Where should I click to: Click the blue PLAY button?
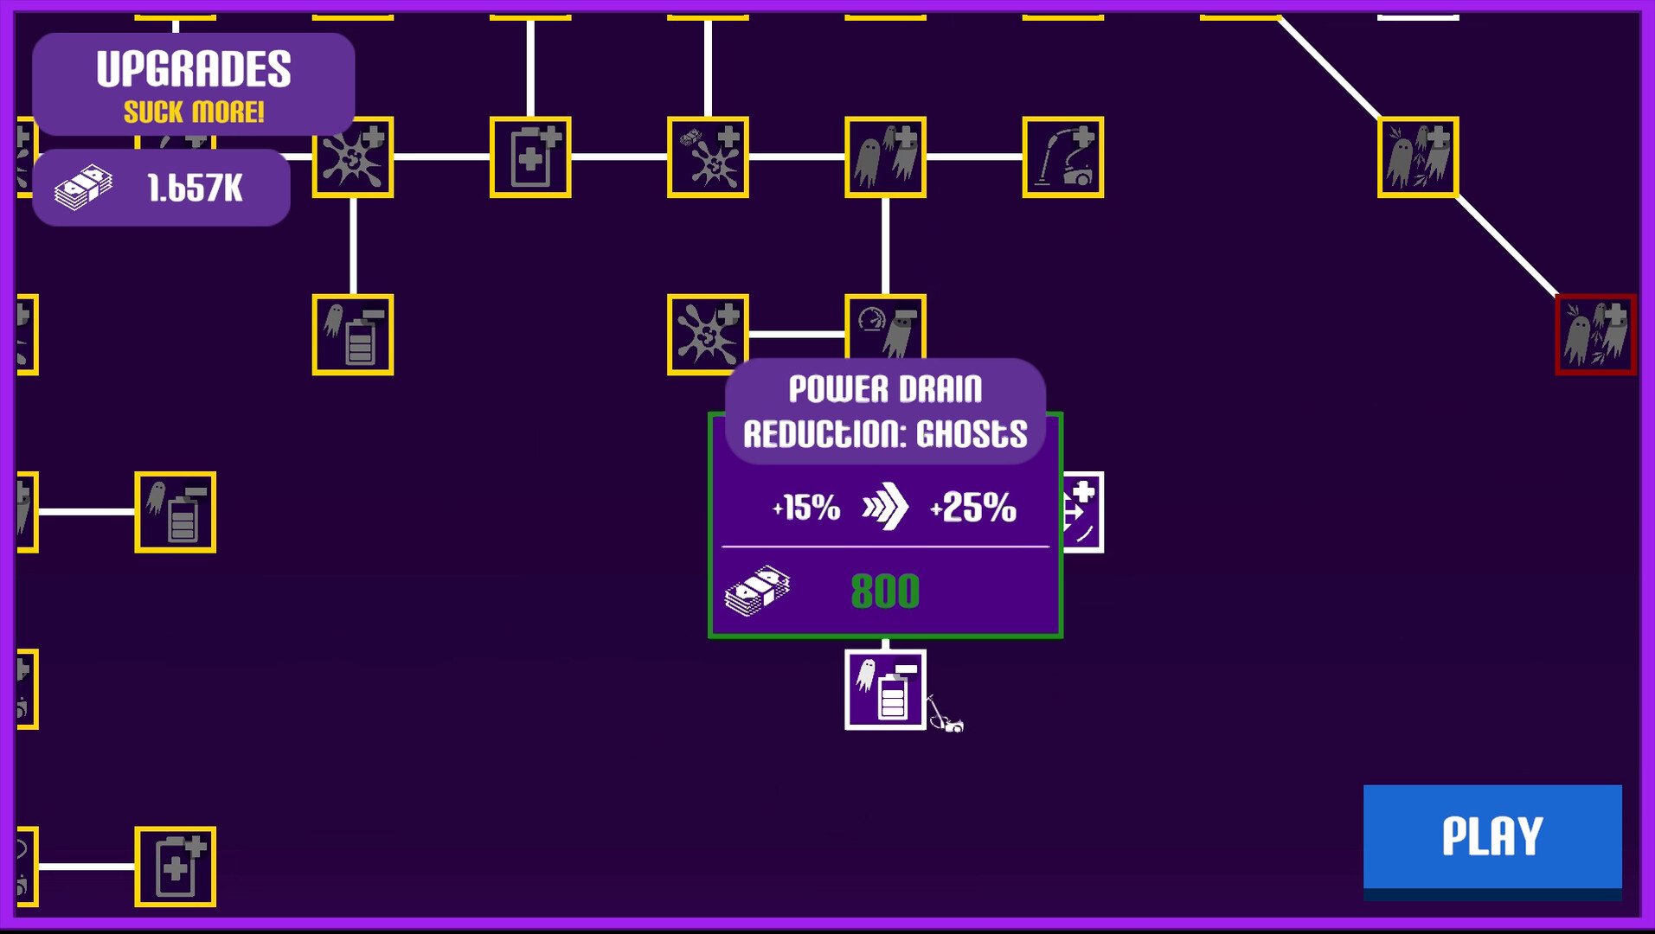[x=1491, y=836]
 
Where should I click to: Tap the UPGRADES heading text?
[x=194, y=69]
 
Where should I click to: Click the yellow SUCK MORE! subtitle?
[x=194, y=112]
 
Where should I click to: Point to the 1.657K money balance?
[x=195, y=189]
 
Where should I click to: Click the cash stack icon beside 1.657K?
[x=83, y=188]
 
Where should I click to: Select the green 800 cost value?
[x=884, y=592]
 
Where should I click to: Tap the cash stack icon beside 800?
[x=757, y=591]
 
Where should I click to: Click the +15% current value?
[x=806, y=508]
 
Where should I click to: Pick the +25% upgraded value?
[x=973, y=508]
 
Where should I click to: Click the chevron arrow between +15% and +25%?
[x=885, y=507]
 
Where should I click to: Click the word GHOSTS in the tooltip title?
[x=972, y=434]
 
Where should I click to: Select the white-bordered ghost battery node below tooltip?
[x=885, y=689]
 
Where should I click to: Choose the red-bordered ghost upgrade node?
[x=1594, y=335]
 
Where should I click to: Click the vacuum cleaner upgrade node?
[x=1062, y=157]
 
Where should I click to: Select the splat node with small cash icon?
[x=708, y=157]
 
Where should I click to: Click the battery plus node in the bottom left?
[x=175, y=866]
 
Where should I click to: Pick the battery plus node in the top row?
[x=530, y=157]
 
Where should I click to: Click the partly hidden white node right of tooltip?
[x=1083, y=512]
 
